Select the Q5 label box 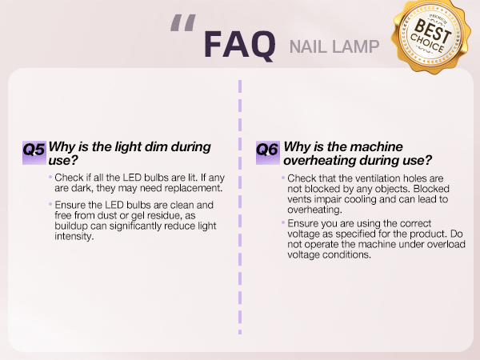click(x=34, y=149)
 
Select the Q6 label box click(x=266, y=149)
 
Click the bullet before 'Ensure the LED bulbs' click(x=50, y=205)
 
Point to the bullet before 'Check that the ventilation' click(x=282, y=177)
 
